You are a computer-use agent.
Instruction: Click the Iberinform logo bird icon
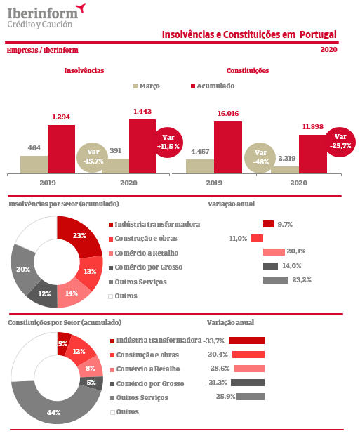82,8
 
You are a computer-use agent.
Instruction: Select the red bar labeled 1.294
61,150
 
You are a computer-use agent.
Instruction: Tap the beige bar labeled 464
34,164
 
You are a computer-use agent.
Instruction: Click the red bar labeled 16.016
228,147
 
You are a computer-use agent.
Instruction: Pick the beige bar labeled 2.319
285,170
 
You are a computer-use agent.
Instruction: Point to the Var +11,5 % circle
168,142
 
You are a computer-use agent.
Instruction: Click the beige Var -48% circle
260,157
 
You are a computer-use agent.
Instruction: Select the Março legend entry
147,86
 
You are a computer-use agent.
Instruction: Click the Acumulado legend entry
213,86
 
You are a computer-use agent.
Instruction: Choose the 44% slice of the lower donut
54,409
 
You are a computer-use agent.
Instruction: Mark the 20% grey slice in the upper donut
24,269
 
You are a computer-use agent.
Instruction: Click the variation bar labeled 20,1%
274,252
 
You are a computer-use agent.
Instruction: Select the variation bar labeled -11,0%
257,238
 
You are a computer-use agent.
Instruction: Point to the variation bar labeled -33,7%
246,341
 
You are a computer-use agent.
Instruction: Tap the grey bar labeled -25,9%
251,397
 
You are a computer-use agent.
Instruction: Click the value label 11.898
313,127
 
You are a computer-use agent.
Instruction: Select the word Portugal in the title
318,34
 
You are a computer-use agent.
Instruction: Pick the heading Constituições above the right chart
248,71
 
